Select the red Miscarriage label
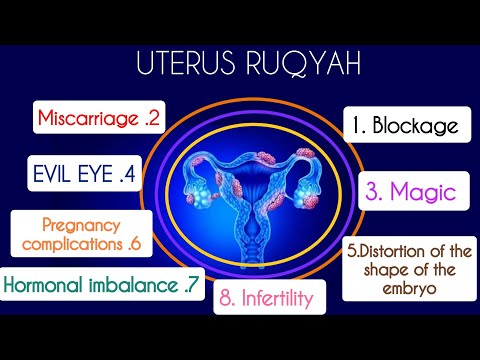click(x=98, y=118)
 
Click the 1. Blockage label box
click(x=406, y=126)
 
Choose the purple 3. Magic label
click(x=408, y=189)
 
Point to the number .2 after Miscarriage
click(x=152, y=118)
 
